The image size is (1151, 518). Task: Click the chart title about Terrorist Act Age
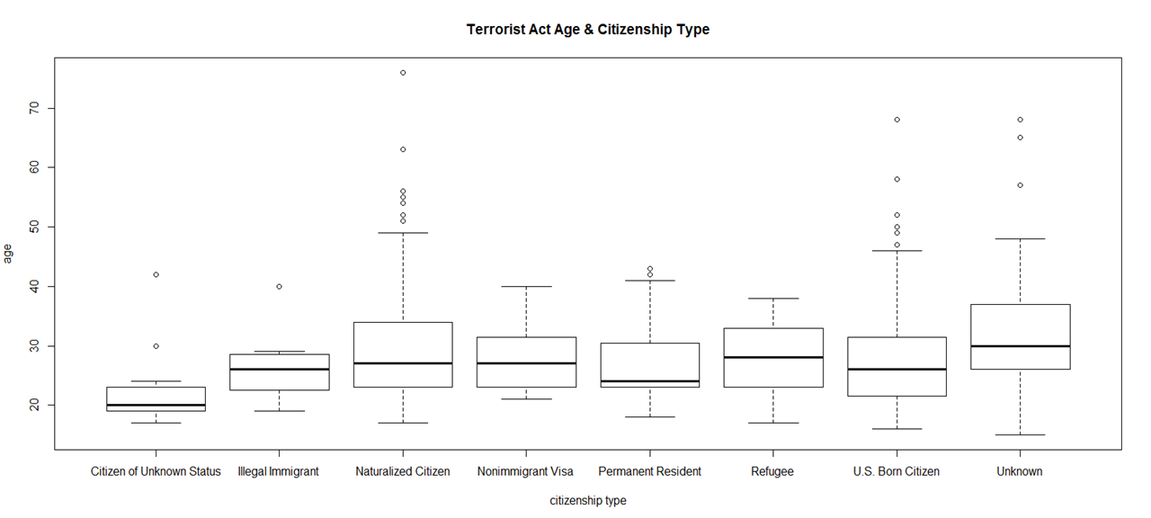point(587,30)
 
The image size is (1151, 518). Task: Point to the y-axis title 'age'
point(9,254)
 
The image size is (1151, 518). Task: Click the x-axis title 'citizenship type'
point(588,501)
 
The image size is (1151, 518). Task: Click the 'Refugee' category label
point(772,471)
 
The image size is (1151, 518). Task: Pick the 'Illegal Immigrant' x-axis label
point(279,471)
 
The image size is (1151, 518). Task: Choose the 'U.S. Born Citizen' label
point(897,471)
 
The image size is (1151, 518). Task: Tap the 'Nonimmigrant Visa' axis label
point(526,471)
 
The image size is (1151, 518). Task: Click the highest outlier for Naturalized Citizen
point(403,73)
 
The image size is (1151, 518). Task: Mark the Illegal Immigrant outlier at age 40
point(279,287)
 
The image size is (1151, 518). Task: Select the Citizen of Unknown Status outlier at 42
point(156,274)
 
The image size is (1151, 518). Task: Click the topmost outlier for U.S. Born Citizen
point(897,120)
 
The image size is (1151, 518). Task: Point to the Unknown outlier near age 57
point(1020,185)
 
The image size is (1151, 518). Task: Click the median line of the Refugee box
point(772,357)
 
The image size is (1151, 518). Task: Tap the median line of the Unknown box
point(1020,345)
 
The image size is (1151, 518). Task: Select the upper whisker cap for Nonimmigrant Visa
point(526,287)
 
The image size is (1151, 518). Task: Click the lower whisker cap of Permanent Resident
point(649,417)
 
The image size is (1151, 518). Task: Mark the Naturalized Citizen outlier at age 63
point(403,149)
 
